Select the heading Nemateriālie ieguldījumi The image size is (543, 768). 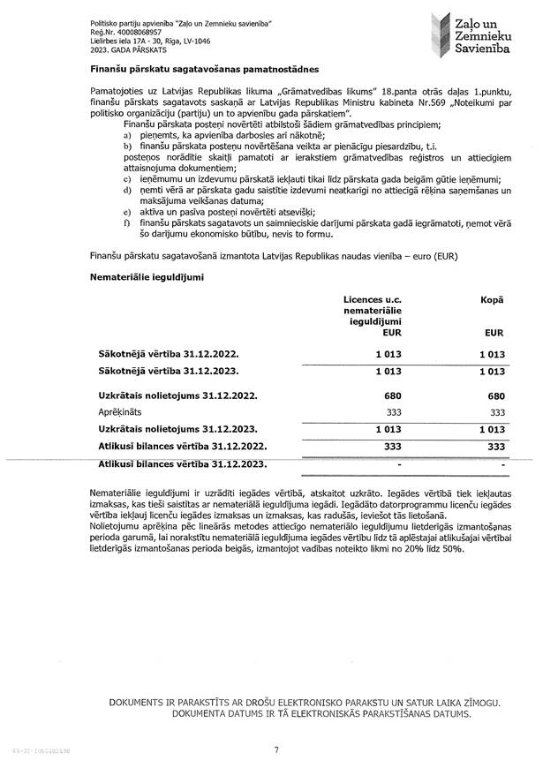point(147,277)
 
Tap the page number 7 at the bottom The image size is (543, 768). point(276,749)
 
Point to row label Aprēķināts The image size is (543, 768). point(119,411)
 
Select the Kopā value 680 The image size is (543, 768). point(495,396)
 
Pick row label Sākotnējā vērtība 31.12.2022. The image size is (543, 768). point(168,353)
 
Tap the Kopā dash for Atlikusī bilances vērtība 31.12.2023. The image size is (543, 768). point(502,463)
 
